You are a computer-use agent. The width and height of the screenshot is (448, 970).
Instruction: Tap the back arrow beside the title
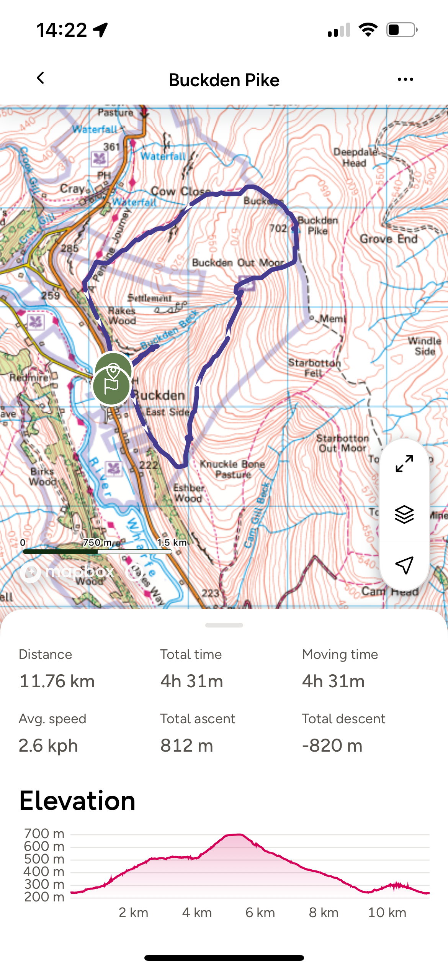[41, 78]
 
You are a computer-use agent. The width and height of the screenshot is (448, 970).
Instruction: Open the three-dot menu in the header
[405, 80]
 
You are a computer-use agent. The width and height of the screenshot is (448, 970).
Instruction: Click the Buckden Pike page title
[224, 80]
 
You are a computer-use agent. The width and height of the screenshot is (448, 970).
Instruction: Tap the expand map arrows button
[404, 464]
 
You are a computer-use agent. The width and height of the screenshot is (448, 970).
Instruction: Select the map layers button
[404, 514]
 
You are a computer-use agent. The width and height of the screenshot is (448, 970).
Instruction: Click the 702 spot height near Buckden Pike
[278, 229]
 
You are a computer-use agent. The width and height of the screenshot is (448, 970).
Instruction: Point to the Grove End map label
[388, 239]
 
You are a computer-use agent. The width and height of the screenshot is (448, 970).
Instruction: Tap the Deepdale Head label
[355, 157]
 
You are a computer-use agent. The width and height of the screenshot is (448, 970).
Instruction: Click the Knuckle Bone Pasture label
[232, 469]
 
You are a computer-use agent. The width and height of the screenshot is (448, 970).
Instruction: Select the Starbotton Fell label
[314, 368]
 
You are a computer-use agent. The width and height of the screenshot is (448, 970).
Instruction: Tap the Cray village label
[72, 189]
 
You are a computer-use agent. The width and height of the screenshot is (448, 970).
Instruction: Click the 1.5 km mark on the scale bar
[172, 543]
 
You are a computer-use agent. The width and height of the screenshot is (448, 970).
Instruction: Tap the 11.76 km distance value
[57, 682]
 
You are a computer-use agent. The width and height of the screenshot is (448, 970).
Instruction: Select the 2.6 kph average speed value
[48, 746]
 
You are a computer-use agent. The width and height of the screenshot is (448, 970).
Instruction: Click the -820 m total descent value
[332, 746]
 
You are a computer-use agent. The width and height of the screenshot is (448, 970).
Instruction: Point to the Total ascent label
[198, 719]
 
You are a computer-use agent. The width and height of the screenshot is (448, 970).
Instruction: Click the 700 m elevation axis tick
[44, 834]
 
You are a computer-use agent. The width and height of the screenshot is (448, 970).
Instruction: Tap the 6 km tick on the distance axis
[260, 913]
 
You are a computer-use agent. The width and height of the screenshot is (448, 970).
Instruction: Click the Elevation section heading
[77, 801]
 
